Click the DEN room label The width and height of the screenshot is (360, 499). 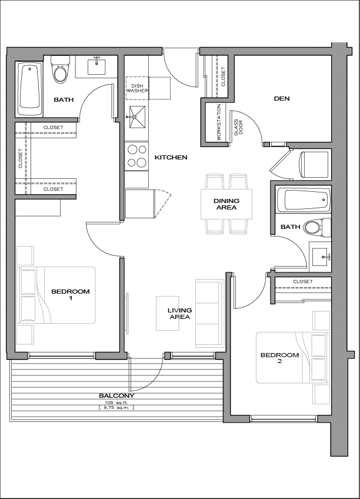pyautogui.click(x=282, y=99)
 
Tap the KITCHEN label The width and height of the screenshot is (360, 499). pyautogui.click(x=171, y=157)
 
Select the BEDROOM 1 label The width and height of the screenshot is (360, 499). pyautogui.click(x=71, y=294)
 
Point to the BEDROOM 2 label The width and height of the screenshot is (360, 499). pyautogui.click(x=279, y=358)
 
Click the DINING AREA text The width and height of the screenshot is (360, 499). pyautogui.click(x=226, y=204)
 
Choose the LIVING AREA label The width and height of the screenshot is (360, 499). pyautogui.click(x=179, y=314)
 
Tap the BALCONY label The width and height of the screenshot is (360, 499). pyautogui.click(x=116, y=396)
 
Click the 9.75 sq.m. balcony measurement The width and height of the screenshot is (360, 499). pyautogui.click(x=116, y=407)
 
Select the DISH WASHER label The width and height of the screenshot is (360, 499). pyautogui.click(x=138, y=88)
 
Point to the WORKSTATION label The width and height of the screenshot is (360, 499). pyautogui.click(x=219, y=122)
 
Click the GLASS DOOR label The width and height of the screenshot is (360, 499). pyautogui.click(x=238, y=127)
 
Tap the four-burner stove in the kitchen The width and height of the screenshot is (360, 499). pyautogui.click(x=136, y=156)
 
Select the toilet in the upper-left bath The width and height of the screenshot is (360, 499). pyautogui.click(x=59, y=71)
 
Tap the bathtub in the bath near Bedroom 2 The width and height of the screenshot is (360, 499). pyautogui.click(x=303, y=200)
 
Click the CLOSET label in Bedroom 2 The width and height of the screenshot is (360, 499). pyautogui.click(x=303, y=282)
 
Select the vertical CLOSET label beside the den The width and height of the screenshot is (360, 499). pyautogui.click(x=224, y=76)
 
